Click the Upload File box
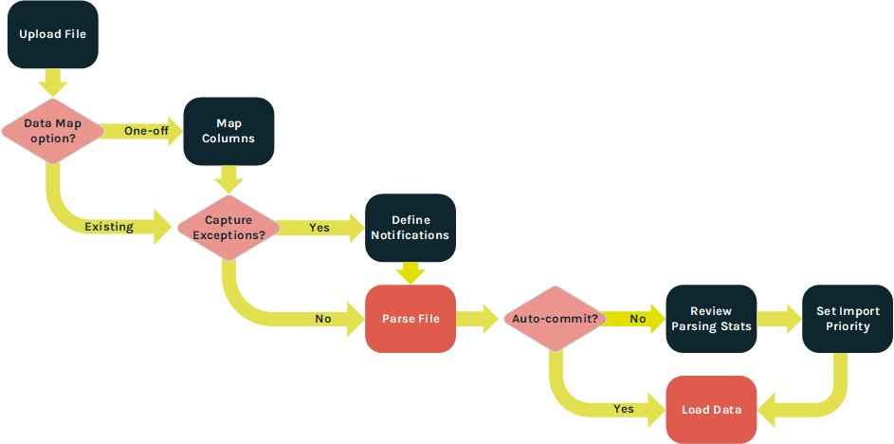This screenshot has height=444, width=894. tap(52, 34)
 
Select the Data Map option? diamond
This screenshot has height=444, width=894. tap(52, 131)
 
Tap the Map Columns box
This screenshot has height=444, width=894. tap(228, 131)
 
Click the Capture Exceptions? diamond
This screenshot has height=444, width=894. tap(228, 227)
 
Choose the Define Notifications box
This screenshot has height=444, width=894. tap(411, 228)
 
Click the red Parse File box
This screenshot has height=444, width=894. tap(411, 319)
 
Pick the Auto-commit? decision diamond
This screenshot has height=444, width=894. tap(555, 319)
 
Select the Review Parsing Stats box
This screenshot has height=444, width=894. tap(711, 319)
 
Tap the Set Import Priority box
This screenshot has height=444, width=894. tap(848, 319)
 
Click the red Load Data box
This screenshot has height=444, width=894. tap(711, 410)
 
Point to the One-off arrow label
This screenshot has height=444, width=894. tap(146, 131)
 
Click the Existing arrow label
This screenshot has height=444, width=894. tap(108, 228)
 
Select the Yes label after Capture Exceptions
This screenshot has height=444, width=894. tap(319, 228)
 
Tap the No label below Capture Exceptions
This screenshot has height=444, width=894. tap(323, 319)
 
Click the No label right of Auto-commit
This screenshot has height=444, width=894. tap(638, 319)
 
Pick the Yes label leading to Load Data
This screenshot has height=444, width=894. tap(623, 409)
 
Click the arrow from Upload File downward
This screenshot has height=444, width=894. tap(52, 82)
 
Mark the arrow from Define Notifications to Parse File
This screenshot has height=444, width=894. tap(411, 272)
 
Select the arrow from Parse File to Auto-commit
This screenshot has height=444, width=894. tap(477, 319)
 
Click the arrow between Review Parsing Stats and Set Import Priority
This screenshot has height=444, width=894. tap(779, 319)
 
